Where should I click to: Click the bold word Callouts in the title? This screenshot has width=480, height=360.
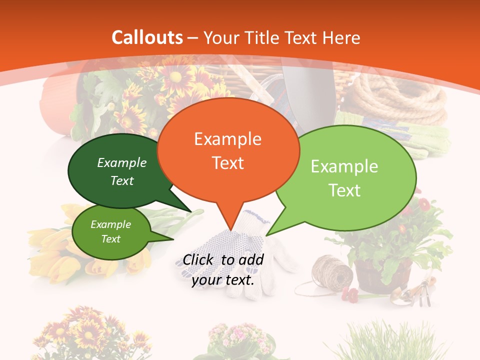point(147,37)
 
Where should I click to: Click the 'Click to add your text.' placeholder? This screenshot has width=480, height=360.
point(223,269)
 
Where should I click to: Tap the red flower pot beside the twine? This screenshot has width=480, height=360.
point(382,275)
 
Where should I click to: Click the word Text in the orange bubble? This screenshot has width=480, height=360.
point(228,162)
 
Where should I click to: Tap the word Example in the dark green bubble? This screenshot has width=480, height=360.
point(122,162)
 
